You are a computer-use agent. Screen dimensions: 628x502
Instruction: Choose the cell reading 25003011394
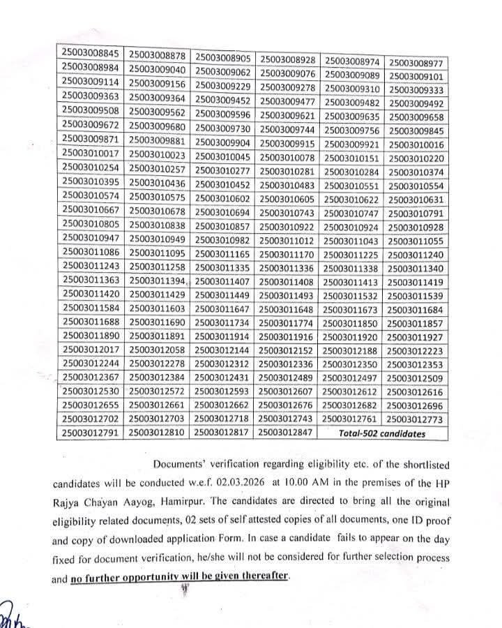[x=158, y=281]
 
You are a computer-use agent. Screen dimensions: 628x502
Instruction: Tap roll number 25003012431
[x=225, y=378]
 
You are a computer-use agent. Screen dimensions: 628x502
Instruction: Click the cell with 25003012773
[x=416, y=419]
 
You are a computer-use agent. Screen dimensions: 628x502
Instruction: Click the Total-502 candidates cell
[x=382, y=433]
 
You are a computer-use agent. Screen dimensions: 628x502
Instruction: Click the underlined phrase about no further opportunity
[x=179, y=578]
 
